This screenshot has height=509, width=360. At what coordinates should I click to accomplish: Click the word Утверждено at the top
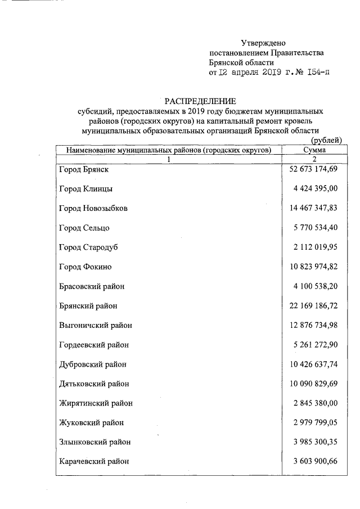tap(264, 43)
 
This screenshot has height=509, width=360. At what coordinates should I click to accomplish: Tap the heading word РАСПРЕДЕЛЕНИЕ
tap(200, 101)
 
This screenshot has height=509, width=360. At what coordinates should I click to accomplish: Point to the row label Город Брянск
tap(84, 169)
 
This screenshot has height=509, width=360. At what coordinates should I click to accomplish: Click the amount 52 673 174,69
tap(313, 169)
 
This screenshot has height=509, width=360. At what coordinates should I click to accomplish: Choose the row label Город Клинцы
tap(85, 189)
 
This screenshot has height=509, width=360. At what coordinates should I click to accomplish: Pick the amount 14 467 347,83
tap(313, 208)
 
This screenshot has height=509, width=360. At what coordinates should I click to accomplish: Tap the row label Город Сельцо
tap(84, 228)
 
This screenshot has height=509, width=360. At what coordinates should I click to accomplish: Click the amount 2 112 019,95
tap(316, 247)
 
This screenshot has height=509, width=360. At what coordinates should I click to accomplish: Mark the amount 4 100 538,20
tap(316, 286)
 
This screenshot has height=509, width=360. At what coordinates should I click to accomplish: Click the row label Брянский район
tap(88, 306)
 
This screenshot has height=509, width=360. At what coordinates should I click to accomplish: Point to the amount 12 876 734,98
tap(313, 325)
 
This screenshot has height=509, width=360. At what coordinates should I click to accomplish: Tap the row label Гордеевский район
tap(93, 345)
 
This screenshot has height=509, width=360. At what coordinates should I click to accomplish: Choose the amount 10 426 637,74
tap(313, 364)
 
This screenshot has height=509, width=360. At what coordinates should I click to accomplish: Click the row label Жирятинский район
tap(94, 403)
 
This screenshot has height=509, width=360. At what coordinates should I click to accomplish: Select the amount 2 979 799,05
tap(316, 422)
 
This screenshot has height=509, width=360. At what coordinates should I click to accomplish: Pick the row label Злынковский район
tap(94, 442)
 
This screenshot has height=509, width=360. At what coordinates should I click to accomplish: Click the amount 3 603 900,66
tap(316, 461)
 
